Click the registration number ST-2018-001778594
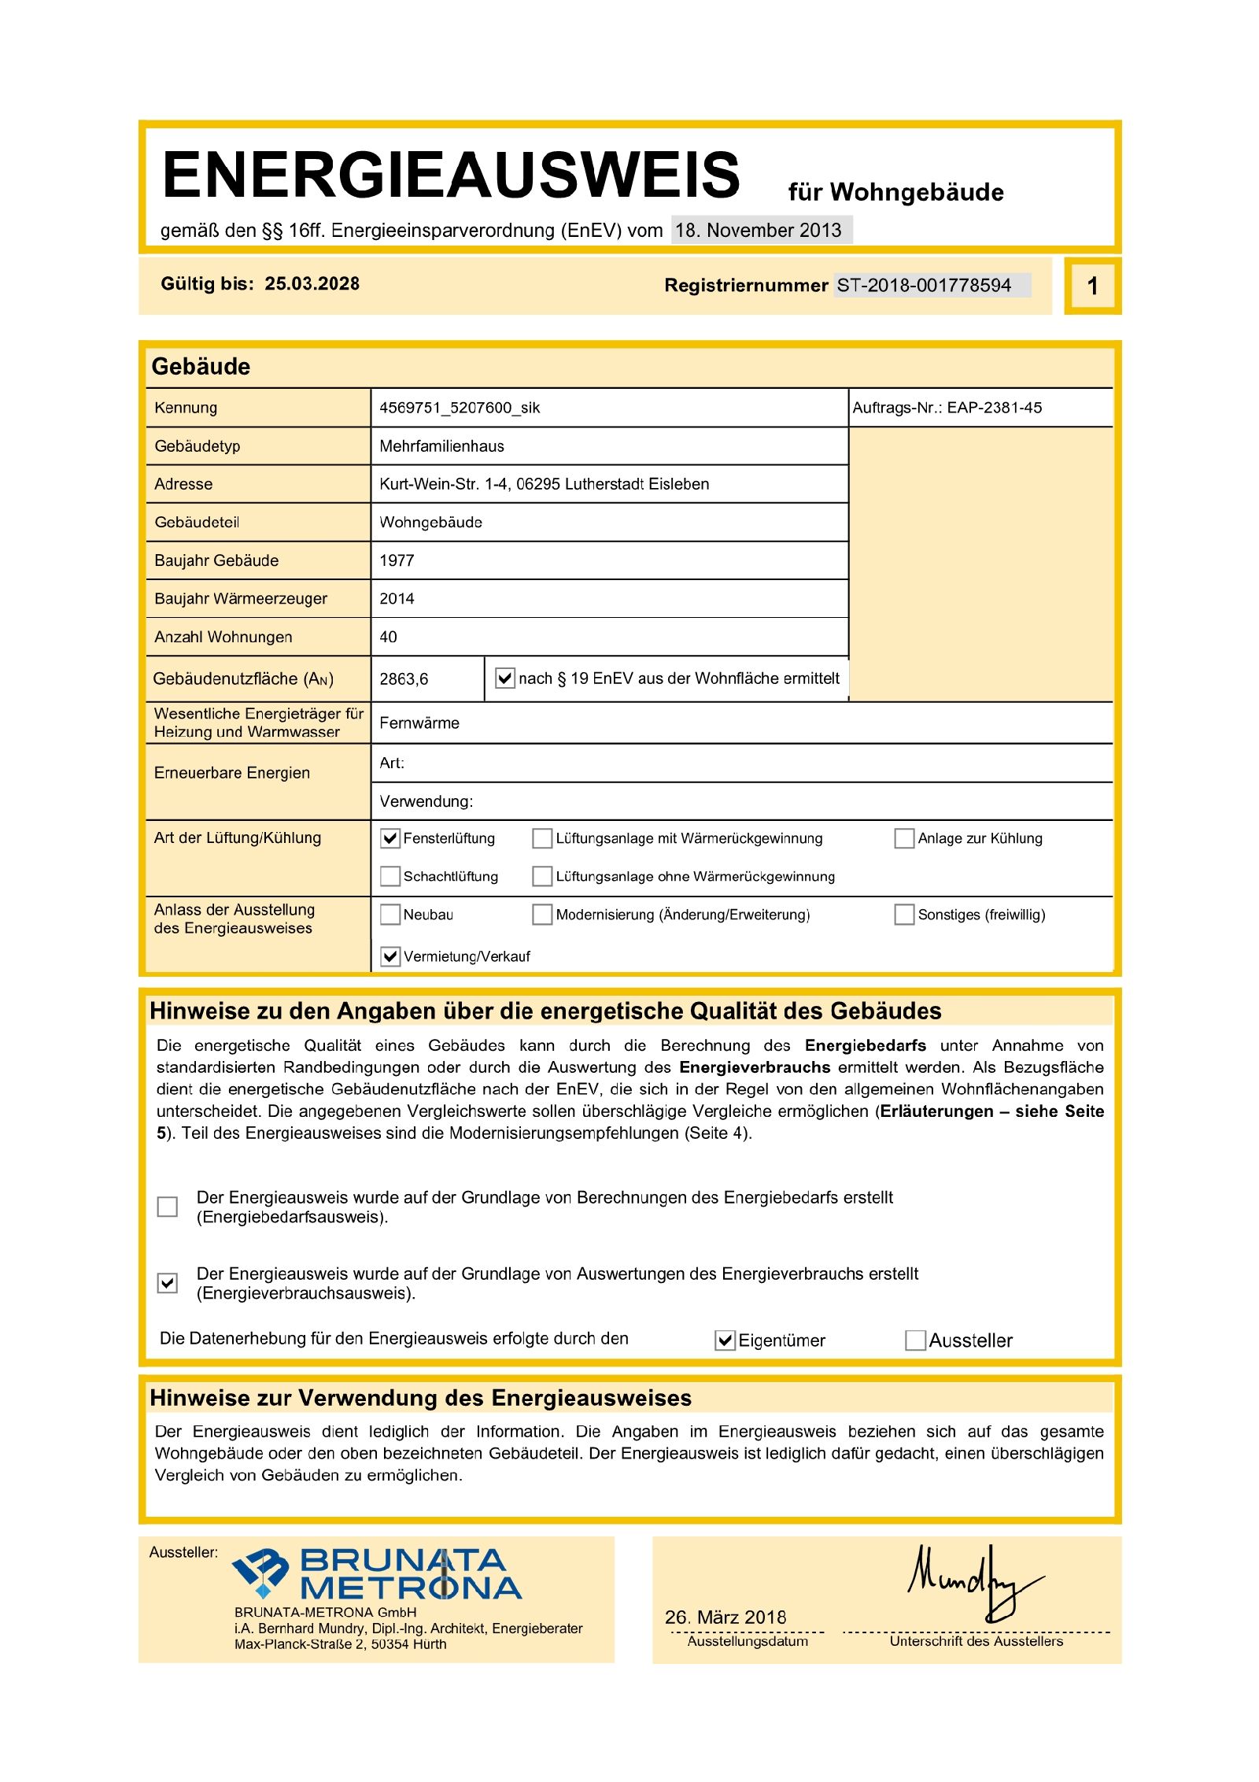click(923, 285)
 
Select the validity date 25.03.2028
click(312, 284)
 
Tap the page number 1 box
click(1092, 286)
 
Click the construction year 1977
click(397, 560)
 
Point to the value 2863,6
click(404, 678)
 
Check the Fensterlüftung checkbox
click(390, 838)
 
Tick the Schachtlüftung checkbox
click(390, 876)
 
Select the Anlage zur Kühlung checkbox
click(904, 838)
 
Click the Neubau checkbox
click(390, 915)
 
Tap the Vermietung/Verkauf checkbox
click(390, 956)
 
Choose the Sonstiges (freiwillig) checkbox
click(904, 915)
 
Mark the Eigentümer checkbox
click(725, 1340)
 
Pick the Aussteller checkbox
click(915, 1340)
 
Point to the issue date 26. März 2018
click(725, 1617)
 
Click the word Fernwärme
click(419, 723)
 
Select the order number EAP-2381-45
click(994, 408)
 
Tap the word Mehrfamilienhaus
click(441, 446)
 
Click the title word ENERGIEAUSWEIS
click(451, 175)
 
